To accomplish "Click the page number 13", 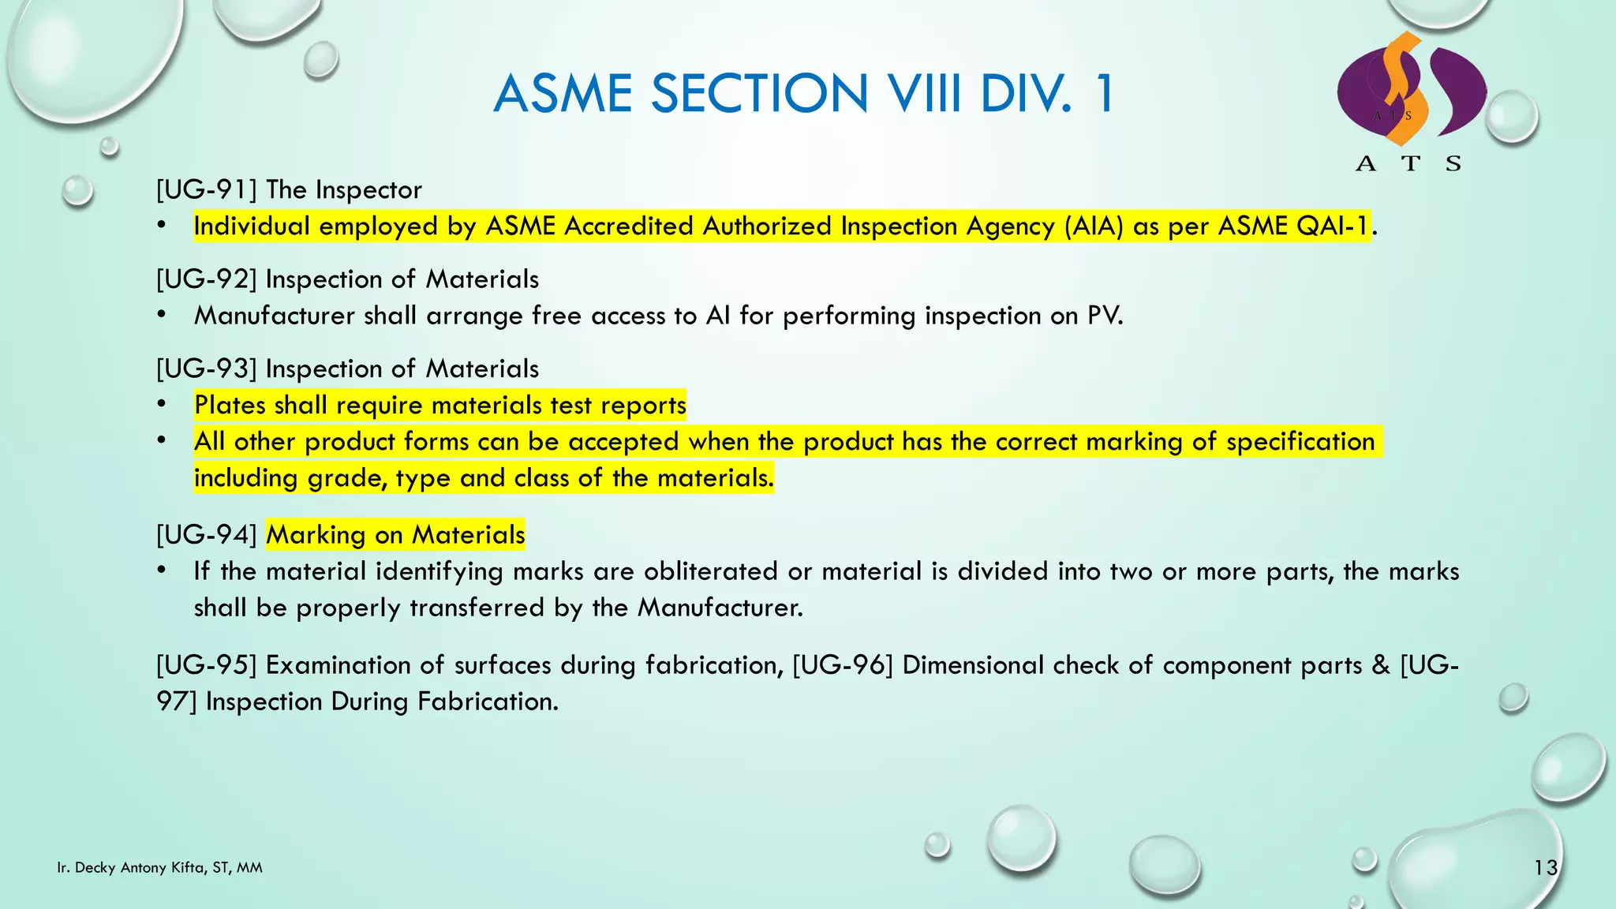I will (1545, 868).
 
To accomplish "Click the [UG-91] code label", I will (207, 190).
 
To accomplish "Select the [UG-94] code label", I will (207, 535).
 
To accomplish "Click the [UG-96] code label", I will (843, 665).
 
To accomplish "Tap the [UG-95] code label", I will (207, 665).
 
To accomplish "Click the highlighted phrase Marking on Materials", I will (395, 535).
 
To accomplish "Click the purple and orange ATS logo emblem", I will (1411, 91).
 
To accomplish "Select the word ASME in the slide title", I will (563, 94).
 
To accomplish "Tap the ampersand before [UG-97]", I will (1381, 665).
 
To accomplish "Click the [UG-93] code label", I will (207, 368).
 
